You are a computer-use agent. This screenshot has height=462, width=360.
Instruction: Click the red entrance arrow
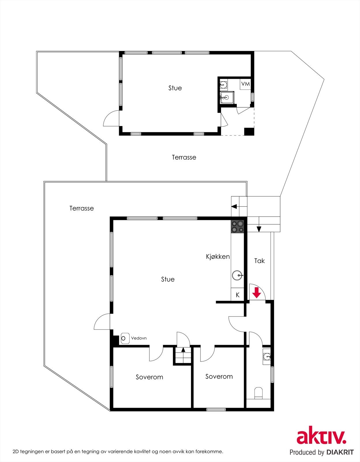coord(256,294)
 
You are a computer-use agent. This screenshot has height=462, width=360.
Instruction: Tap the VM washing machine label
coord(245,84)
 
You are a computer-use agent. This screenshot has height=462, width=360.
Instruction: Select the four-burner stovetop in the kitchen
coord(237,226)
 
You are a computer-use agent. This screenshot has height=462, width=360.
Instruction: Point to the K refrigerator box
coord(238,295)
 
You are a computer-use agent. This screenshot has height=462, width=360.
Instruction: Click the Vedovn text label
coord(139,338)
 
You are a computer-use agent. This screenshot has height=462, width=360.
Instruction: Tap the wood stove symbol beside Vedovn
coord(124,338)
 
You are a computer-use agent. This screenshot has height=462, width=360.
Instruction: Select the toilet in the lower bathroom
coord(258,393)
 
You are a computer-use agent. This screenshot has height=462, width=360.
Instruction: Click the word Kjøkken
coord(218,256)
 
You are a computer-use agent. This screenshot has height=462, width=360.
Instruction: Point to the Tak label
coord(259,261)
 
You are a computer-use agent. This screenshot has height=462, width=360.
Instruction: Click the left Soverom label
coord(149,377)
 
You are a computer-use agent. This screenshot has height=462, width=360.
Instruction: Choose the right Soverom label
coord(219,377)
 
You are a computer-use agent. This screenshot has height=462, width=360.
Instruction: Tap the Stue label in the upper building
coord(175,88)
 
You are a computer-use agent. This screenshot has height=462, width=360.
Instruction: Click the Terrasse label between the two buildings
coord(184,157)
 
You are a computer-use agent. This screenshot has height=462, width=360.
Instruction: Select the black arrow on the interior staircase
coord(183,350)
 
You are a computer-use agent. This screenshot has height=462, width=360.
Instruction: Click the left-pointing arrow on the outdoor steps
coord(234,206)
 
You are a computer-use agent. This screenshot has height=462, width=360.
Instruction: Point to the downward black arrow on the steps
coord(259,229)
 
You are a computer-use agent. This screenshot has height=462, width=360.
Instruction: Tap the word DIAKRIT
coord(340,452)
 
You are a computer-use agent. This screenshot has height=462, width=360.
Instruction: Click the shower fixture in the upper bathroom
coord(225,97)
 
